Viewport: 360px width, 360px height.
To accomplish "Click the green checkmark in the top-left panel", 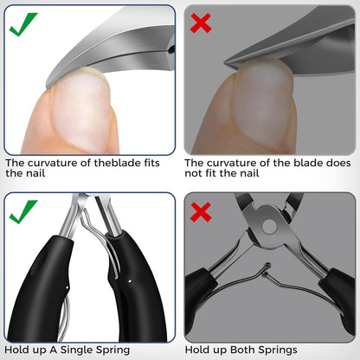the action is pos(22,25).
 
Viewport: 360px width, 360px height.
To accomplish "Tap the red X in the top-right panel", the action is pos(201,22).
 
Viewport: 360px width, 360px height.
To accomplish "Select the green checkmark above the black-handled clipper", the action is pos(22,212).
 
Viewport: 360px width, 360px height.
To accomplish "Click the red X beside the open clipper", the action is pos(201,212).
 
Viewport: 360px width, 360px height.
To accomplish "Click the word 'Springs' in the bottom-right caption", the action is pos(278,350).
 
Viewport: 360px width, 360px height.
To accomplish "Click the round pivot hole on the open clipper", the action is pos(270,227).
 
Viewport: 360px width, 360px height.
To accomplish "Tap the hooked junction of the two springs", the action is pos(267,269).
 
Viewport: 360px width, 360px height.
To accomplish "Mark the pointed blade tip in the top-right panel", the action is pos(226,62).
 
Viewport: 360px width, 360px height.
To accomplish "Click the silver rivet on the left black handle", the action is pos(67,287).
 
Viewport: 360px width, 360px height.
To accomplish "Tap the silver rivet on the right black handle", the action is pos(130,280).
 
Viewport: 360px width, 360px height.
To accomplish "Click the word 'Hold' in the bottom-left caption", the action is pos(14,350).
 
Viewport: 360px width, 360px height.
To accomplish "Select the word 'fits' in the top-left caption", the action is pos(151,163).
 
